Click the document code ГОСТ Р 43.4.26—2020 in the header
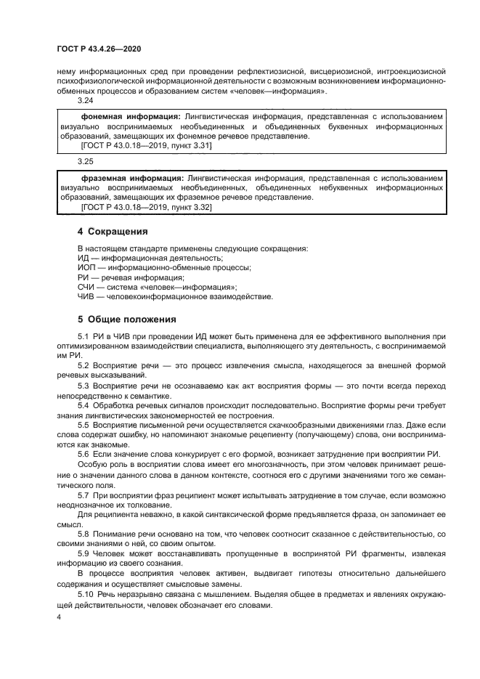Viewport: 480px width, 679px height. [x=98, y=49]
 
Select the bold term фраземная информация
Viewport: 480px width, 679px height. [x=133, y=177]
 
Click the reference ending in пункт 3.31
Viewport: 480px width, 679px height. [x=146, y=145]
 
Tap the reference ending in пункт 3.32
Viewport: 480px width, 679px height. [x=146, y=207]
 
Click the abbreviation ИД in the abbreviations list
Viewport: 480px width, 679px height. [x=83, y=258]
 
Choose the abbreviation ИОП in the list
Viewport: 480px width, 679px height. [x=86, y=267]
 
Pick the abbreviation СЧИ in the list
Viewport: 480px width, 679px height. [x=86, y=286]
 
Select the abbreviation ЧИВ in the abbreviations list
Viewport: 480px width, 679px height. [x=86, y=296]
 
